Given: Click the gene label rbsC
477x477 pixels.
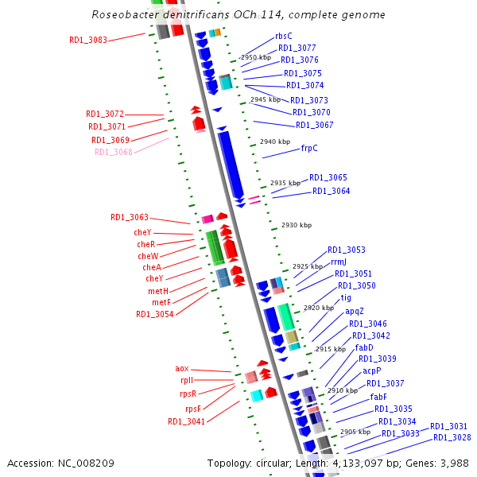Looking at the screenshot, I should (x=283, y=36).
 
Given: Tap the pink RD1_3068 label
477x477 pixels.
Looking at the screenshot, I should (x=113, y=152).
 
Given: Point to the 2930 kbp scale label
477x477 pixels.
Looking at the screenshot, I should (x=297, y=225).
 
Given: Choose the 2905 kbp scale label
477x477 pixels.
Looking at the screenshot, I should (x=355, y=432).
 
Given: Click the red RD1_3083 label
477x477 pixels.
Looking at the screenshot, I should (x=87, y=39).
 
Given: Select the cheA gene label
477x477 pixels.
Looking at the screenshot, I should (x=152, y=267).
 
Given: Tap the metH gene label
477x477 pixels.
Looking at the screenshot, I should (x=158, y=291).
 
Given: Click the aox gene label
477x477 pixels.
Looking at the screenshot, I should (x=182, y=369).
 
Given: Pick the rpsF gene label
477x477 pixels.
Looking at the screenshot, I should (x=194, y=409).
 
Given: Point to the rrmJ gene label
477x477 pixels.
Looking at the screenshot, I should (x=339, y=262).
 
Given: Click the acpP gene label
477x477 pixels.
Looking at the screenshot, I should (x=372, y=370).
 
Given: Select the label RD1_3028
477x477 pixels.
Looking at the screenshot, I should (x=452, y=437).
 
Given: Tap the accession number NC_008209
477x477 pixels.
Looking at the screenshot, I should (x=82, y=463).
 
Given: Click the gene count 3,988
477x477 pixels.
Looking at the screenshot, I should (x=454, y=463).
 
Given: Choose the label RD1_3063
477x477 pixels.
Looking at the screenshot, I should (x=130, y=217).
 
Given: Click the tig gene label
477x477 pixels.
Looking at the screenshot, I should (x=346, y=297).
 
